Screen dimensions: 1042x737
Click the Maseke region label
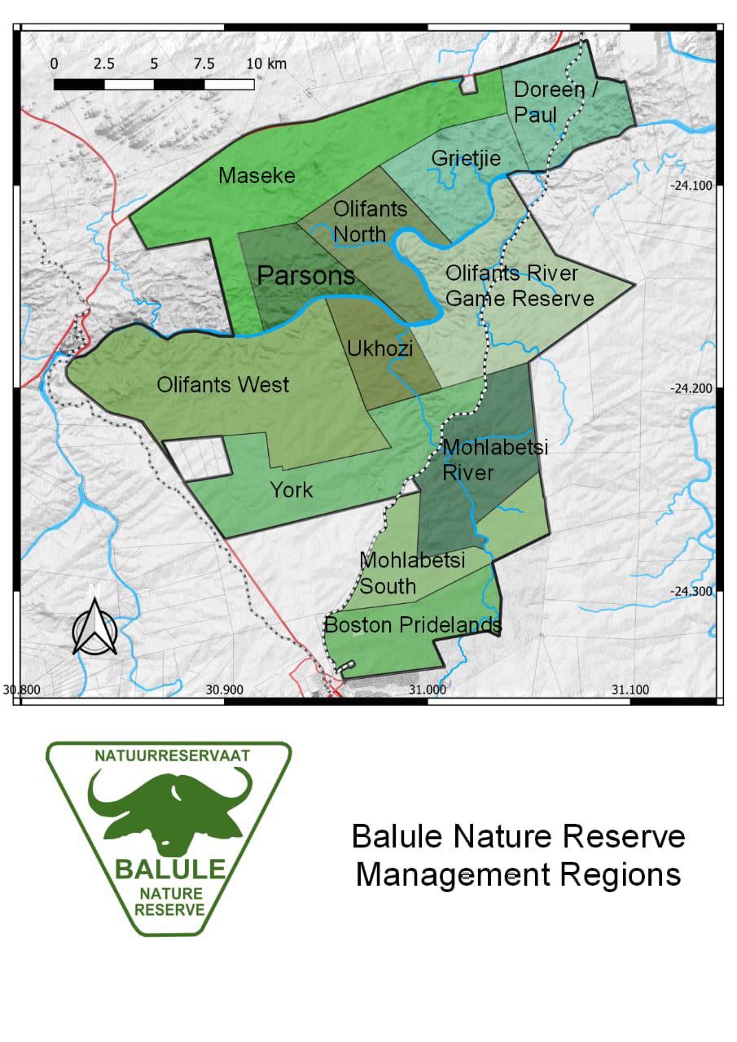tap(257, 175)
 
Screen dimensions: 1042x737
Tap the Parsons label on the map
tap(306, 276)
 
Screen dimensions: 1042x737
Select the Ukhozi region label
tap(379, 348)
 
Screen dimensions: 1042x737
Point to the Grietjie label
tap(466, 157)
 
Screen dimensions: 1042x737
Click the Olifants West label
tap(222, 384)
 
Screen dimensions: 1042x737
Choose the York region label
tap(292, 490)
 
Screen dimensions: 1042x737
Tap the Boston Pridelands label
tap(412, 625)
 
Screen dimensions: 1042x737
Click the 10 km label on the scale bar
tap(265, 63)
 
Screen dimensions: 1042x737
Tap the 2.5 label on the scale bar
tap(104, 63)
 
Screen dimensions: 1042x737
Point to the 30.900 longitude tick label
tap(225, 690)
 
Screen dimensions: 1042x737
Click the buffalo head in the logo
tap(169, 806)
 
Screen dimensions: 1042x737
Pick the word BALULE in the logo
tap(169, 868)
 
